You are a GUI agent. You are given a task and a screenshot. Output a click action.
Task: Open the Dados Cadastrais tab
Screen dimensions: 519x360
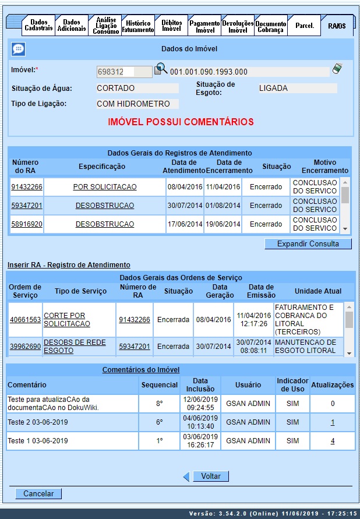point(39,25)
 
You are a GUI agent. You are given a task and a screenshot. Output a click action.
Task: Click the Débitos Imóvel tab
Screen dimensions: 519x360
point(171,25)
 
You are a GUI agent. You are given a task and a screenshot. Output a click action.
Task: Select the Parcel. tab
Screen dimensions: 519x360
point(305,26)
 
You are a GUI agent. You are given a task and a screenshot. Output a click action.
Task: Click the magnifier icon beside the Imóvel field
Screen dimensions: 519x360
point(161,70)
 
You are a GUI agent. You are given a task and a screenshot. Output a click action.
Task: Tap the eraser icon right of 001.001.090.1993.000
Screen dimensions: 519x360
point(338,70)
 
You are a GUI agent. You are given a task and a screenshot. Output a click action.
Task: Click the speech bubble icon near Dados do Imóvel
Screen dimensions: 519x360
point(19,50)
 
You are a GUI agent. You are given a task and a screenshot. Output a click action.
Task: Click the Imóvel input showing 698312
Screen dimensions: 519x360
point(115,72)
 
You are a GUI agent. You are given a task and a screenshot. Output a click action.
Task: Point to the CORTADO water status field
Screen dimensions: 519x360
point(137,89)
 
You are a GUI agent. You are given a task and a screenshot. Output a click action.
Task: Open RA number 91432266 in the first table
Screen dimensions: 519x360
point(27,187)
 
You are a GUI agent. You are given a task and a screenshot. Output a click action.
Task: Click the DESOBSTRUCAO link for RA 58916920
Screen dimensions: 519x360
point(105,224)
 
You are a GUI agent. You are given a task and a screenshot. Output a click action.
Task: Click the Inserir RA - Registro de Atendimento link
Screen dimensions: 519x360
point(69,264)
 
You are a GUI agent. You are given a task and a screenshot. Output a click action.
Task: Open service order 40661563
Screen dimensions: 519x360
point(25,320)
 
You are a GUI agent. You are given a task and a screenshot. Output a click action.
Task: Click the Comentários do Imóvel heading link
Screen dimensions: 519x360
point(140,369)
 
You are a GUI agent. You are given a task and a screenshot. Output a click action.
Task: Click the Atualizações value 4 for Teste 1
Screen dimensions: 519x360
point(333,441)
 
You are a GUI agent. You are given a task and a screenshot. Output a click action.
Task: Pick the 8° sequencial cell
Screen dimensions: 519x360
point(160,403)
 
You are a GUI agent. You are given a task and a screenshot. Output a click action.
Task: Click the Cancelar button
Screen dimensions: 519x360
point(38,494)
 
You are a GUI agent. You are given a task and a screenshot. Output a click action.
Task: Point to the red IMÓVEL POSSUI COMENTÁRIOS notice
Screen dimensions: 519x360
point(181,122)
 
